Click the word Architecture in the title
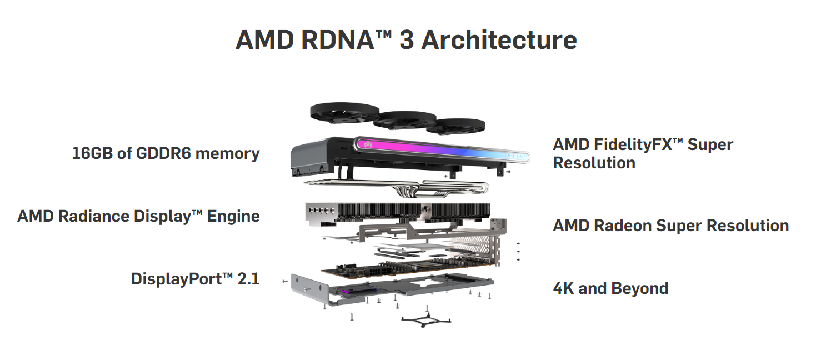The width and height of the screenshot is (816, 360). (x=499, y=41)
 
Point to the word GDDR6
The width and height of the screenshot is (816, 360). (x=162, y=153)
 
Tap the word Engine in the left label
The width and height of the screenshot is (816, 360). (x=233, y=216)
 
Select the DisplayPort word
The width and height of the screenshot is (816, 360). (x=176, y=278)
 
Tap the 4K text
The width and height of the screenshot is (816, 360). (x=564, y=288)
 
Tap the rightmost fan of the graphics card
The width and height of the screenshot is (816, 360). (x=455, y=127)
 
